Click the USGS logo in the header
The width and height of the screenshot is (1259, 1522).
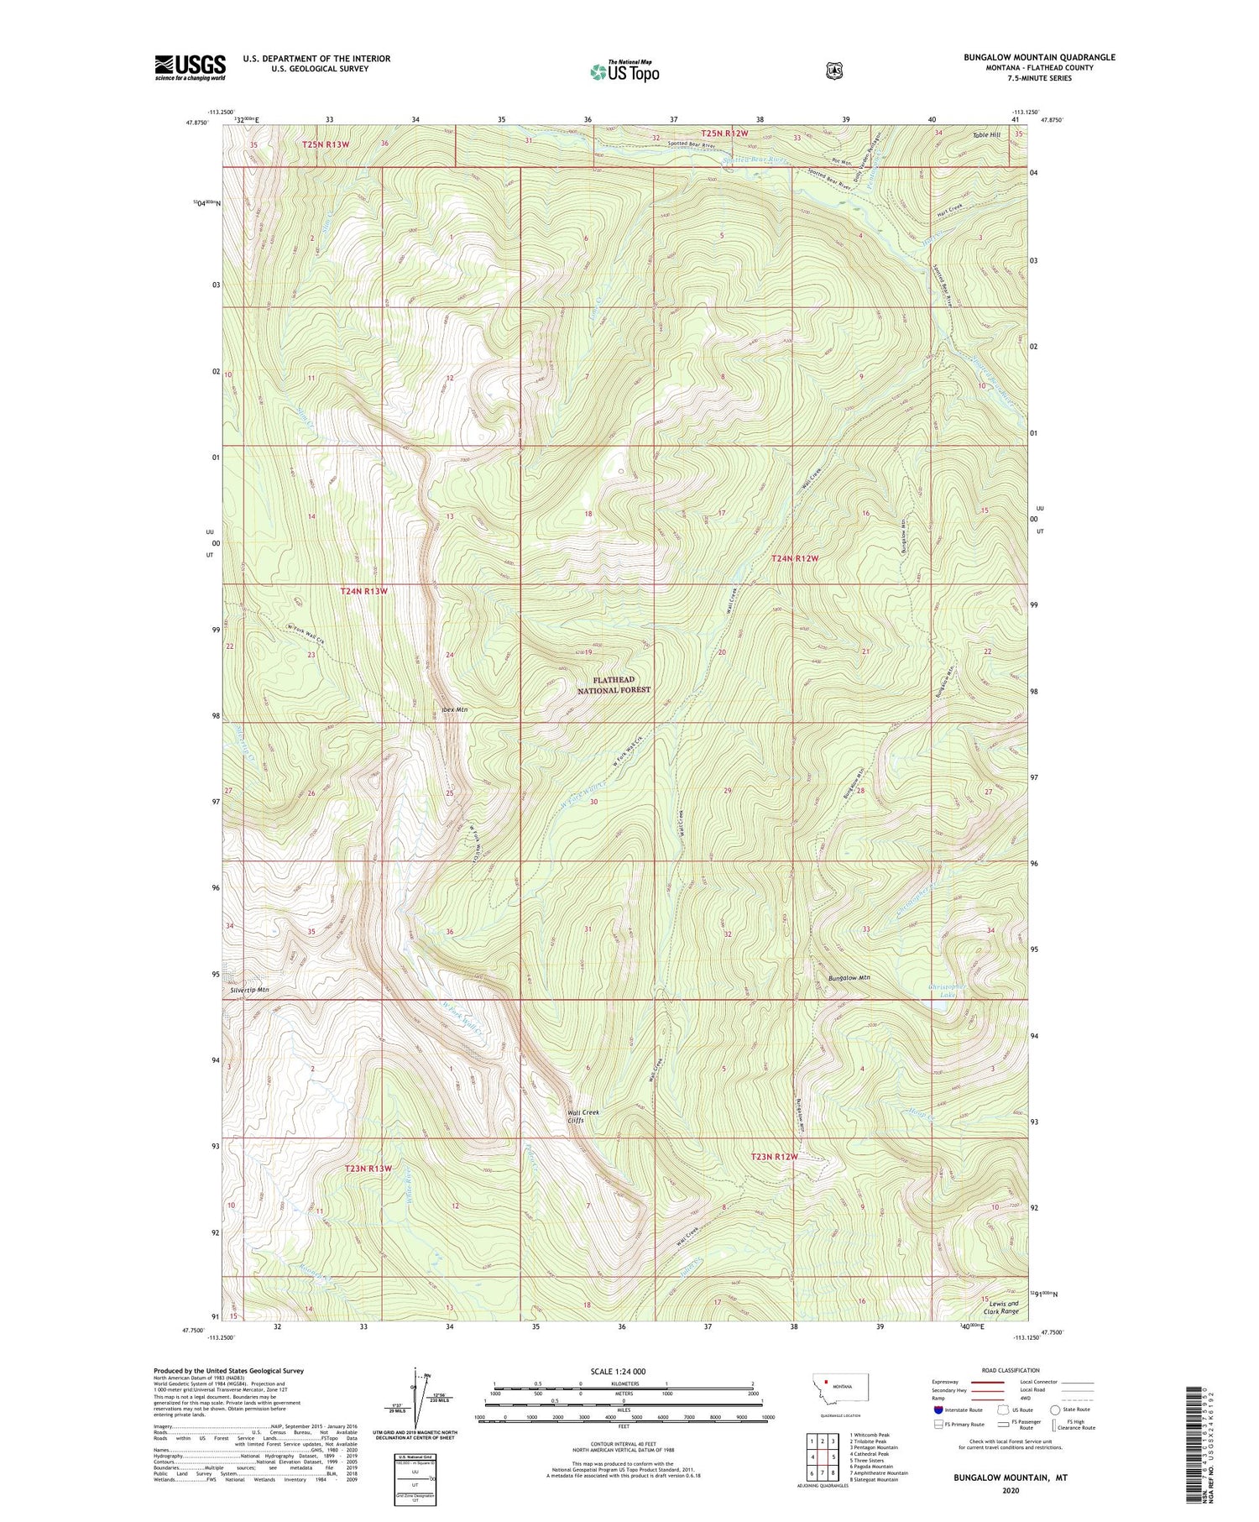(x=190, y=67)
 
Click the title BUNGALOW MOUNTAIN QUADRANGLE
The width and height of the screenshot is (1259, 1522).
(x=1039, y=57)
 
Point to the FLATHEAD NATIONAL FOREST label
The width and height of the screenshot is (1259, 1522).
(x=614, y=684)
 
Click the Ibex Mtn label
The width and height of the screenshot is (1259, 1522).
(x=454, y=709)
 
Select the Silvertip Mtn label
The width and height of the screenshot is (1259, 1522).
(x=250, y=990)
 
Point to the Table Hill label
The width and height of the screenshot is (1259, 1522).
(x=986, y=135)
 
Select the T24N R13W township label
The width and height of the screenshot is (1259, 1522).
(x=364, y=591)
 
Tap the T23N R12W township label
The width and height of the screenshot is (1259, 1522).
(x=773, y=1156)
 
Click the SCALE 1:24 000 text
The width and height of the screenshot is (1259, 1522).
(x=622, y=1371)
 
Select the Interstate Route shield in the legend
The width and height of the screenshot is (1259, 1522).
(x=938, y=1410)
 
